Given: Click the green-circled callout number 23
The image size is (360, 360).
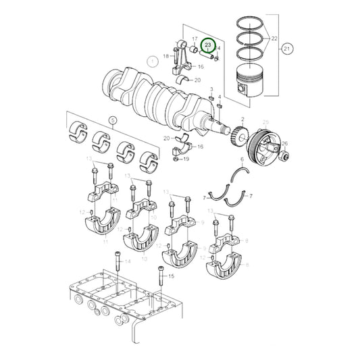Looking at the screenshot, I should (x=209, y=46).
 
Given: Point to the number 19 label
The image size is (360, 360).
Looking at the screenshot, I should (x=186, y=159).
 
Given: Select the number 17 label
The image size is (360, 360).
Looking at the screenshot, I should (x=195, y=39).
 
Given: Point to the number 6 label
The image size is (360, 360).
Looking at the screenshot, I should (x=240, y=160).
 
